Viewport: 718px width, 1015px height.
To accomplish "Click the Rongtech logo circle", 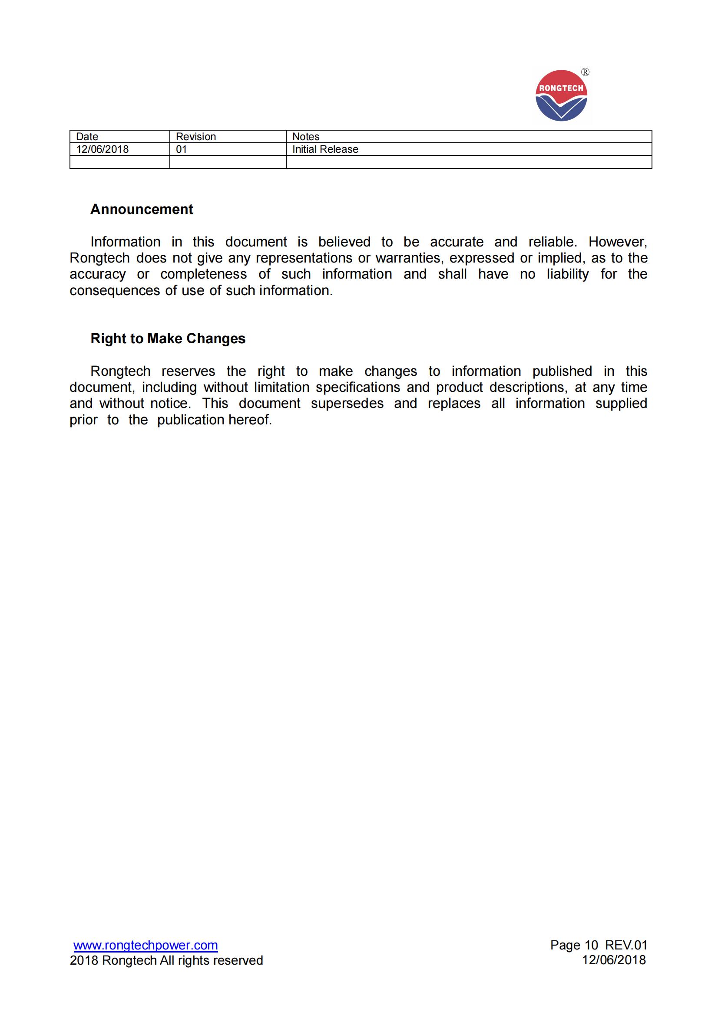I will tap(561, 95).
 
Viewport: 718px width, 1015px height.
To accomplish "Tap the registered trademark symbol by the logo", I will tap(585, 72).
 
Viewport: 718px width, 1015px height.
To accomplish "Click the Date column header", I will tap(87, 137).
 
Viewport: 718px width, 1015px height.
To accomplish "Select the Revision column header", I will tap(195, 137).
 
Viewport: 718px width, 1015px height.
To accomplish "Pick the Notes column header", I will tap(306, 137).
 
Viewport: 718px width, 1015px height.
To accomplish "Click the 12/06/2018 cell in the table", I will tap(102, 149).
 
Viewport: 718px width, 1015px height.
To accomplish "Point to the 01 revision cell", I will tap(182, 149).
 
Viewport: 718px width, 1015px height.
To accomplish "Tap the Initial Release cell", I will tap(325, 149).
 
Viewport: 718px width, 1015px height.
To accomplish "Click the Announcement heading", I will tap(142, 209).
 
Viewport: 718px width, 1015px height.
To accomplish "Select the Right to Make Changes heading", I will tap(168, 338).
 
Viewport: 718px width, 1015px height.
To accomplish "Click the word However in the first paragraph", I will tap(617, 242).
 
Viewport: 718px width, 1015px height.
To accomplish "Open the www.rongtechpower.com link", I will tap(146, 945).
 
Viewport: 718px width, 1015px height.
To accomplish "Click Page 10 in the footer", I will tap(574, 945).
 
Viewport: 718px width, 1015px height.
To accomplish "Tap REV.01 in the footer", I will tap(626, 945).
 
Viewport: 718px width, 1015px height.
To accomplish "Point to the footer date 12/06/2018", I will tap(614, 960).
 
